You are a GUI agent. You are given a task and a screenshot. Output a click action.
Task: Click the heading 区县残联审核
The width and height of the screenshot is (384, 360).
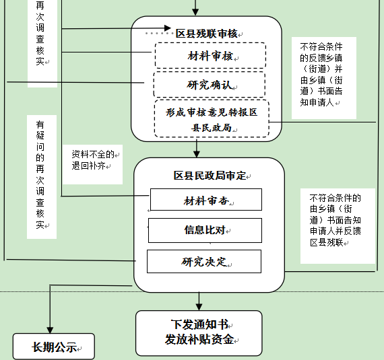point(207,34)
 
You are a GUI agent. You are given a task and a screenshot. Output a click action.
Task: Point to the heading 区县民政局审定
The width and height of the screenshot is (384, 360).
point(210,176)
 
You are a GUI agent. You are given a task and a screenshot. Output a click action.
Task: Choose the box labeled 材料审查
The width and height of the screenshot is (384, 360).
point(206,199)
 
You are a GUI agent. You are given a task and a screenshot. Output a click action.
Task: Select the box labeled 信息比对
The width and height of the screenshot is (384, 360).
point(205,230)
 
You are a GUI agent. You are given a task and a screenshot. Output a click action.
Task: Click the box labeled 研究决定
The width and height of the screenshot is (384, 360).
point(204,261)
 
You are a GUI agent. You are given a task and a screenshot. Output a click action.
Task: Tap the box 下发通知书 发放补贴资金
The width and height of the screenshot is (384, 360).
point(199,333)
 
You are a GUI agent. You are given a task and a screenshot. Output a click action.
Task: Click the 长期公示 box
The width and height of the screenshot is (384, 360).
point(54,347)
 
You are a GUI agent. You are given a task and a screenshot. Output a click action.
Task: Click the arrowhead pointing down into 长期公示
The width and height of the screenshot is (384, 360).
point(50,330)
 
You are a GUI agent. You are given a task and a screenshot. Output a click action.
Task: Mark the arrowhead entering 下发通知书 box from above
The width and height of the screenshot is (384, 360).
point(199,307)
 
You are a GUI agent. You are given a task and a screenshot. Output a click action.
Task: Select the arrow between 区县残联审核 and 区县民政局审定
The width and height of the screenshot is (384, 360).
point(197,149)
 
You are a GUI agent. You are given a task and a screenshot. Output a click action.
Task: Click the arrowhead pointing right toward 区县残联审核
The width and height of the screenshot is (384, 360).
point(168,28)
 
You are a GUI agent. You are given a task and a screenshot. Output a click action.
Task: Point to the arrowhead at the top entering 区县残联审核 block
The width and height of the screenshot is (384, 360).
point(195,12)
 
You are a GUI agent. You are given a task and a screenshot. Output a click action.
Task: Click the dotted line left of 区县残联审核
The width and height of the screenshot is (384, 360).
point(158,33)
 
